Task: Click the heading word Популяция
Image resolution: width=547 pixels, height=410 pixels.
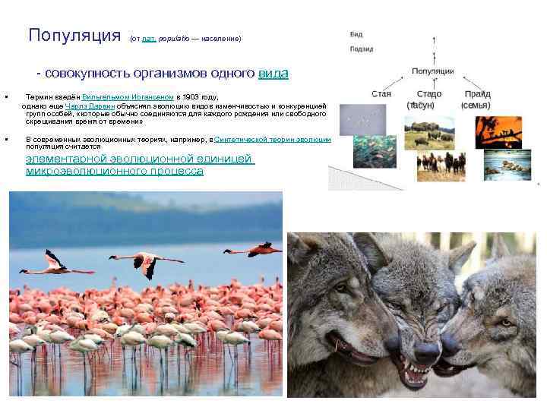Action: (x=74, y=36)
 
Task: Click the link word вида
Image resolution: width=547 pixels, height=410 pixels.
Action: (x=273, y=74)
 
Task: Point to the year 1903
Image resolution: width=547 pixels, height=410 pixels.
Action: (x=188, y=98)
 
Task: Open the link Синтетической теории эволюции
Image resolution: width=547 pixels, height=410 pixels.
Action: (x=273, y=140)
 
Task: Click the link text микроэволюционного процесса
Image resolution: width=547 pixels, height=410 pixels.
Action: (x=115, y=172)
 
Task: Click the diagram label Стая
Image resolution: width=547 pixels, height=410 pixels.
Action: (x=381, y=94)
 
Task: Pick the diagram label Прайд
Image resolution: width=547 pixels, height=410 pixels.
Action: (x=477, y=94)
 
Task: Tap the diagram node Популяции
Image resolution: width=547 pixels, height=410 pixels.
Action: (x=433, y=71)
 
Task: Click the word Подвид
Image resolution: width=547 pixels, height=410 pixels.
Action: (x=362, y=49)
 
